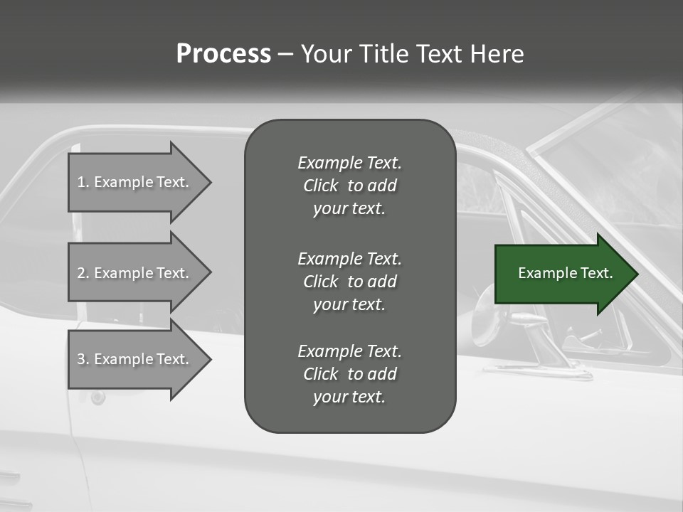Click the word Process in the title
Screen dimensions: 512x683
click(223, 54)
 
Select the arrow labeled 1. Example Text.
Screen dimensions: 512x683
click(135, 182)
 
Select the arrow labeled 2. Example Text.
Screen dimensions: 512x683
click(135, 273)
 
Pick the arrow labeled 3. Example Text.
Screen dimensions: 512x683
click(135, 359)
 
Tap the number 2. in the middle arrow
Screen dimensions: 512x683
click(83, 273)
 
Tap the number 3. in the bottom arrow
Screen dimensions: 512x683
click(83, 359)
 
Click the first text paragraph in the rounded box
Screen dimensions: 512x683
click(349, 186)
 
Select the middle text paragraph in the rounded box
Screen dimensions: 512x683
click(349, 282)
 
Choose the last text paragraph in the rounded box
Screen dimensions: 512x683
click(349, 374)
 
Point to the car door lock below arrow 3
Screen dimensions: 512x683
click(98, 397)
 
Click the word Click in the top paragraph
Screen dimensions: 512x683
click(320, 186)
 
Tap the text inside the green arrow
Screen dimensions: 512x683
click(566, 273)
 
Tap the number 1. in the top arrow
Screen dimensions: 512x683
click(83, 182)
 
